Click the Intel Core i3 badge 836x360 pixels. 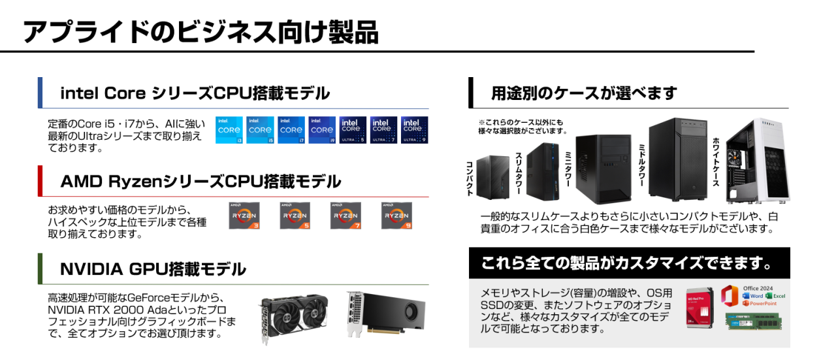coord(229,130)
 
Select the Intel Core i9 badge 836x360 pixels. coord(322,130)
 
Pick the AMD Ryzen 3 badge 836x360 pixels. coord(244,216)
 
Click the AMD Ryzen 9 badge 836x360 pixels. coord(396,216)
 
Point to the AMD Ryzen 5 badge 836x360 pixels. coord(295,216)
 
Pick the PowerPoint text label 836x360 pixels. coord(763,304)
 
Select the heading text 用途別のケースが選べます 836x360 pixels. coord(584,93)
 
